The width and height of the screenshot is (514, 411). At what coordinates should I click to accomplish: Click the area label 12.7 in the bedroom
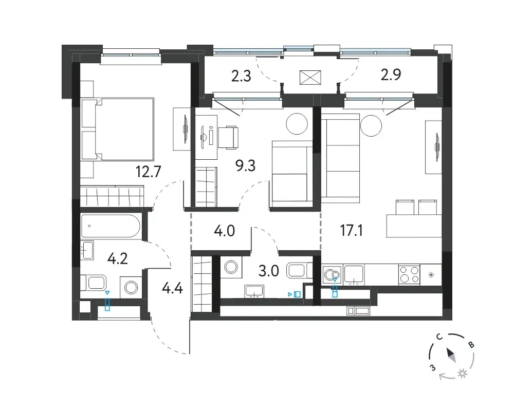[x=149, y=172]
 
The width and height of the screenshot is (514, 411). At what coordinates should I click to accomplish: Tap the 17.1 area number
[x=351, y=231]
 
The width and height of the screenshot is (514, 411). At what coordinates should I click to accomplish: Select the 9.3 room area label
[x=246, y=166]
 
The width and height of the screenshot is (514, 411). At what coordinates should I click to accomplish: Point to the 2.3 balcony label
[x=241, y=76]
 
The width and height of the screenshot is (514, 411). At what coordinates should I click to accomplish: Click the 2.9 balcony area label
[x=391, y=74]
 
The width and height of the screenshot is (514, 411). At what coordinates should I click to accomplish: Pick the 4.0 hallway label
[x=224, y=231]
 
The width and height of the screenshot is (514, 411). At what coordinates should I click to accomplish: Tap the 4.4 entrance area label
[x=172, y=289]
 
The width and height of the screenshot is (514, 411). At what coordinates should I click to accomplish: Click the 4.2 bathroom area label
[x=117, y=259]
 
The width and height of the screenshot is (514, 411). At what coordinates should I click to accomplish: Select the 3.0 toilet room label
[x=269, y=271]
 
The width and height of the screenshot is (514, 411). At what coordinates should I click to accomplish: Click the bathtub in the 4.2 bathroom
[x=111, y=226]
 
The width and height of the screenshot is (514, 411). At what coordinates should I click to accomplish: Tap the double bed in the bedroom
[x=117, y=129]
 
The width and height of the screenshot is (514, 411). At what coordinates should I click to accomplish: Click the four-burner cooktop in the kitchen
[x=409, y=275]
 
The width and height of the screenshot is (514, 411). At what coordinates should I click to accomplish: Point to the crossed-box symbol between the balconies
[x=310, y=78]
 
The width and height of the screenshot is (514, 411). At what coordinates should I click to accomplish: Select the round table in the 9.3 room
[x=297, y=124]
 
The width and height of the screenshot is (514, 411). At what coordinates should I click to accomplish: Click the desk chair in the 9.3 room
[x=229, y=138]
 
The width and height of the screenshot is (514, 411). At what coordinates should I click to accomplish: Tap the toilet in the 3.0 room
[x=300, y=270]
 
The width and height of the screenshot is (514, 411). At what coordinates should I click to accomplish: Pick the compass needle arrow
[x=451, y=355]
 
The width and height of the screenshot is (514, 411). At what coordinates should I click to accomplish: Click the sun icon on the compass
[x=463, y=373]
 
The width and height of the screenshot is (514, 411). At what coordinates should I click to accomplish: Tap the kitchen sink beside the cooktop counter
[x=354, y=275]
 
